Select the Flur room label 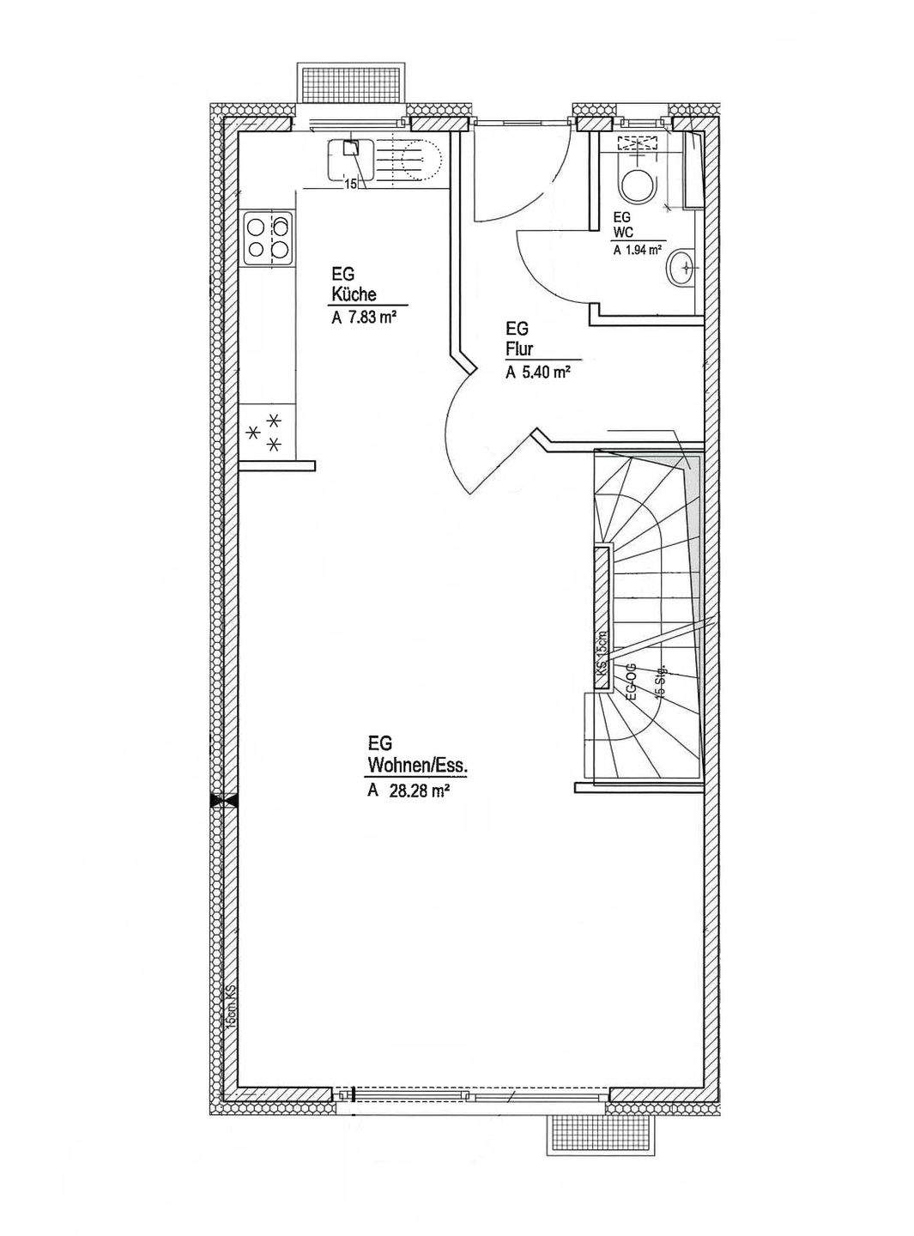518,349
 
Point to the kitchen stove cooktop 268,238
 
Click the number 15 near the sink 349,183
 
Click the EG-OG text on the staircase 631,682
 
